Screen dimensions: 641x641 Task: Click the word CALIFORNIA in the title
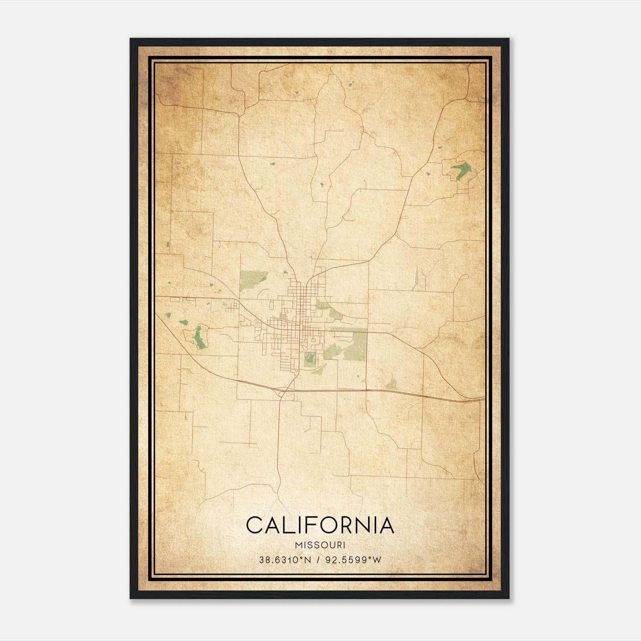320,525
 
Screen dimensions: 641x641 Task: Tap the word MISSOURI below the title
320,545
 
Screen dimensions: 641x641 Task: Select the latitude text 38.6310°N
285,560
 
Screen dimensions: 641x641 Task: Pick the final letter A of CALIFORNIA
386,525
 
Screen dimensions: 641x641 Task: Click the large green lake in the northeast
460,170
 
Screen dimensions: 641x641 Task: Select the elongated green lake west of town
198,337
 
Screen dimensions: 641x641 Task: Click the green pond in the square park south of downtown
309,358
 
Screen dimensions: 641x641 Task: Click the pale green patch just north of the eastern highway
392,383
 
